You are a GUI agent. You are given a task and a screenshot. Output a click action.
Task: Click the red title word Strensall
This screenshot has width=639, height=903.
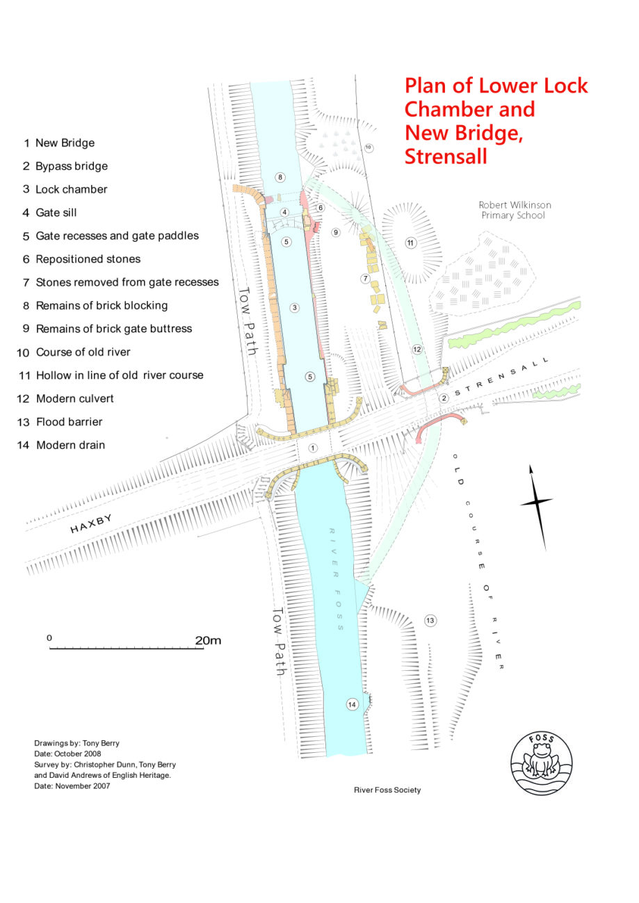[x=446, y=156]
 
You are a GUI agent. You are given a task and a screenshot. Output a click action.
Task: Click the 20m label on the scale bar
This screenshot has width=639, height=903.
[x=208, y=640]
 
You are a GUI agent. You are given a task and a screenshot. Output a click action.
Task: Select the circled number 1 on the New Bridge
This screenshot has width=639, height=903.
[x=313, y=448]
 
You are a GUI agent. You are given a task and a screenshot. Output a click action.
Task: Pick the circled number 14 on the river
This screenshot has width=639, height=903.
[x=352, y=705]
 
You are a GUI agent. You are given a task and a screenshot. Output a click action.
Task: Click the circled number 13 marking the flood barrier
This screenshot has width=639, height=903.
[x=430, y=620]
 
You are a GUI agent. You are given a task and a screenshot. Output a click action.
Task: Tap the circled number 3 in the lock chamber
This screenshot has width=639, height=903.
[x=295, y=308]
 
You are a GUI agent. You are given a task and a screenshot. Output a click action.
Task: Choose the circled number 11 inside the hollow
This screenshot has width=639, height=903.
[x=411, y=243]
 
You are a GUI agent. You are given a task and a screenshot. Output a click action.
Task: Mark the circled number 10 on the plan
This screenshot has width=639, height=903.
[x=369, y=147]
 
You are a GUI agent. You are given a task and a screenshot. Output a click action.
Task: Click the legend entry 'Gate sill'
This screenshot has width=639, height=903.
[x=56, y=213]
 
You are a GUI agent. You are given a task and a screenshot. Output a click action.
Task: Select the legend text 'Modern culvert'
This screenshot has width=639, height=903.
[x=74, y=398]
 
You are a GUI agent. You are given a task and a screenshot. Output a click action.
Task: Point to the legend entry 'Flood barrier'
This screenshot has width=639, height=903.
[x=69, y=422]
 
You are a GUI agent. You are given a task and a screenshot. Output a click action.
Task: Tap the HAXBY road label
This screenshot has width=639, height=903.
[x=90, y=523]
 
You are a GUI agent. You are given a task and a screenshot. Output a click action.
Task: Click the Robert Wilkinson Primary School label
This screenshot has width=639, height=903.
[x=515, y=210]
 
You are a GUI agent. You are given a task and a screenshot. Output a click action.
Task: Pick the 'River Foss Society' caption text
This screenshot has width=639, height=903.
[x=387, y=790]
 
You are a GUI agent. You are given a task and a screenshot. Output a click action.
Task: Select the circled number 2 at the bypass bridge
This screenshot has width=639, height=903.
[x=444, y=398]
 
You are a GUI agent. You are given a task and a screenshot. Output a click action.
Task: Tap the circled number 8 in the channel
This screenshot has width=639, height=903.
[x=280, y=177]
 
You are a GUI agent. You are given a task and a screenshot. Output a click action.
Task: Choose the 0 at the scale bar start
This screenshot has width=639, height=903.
[x=49, y=637]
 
